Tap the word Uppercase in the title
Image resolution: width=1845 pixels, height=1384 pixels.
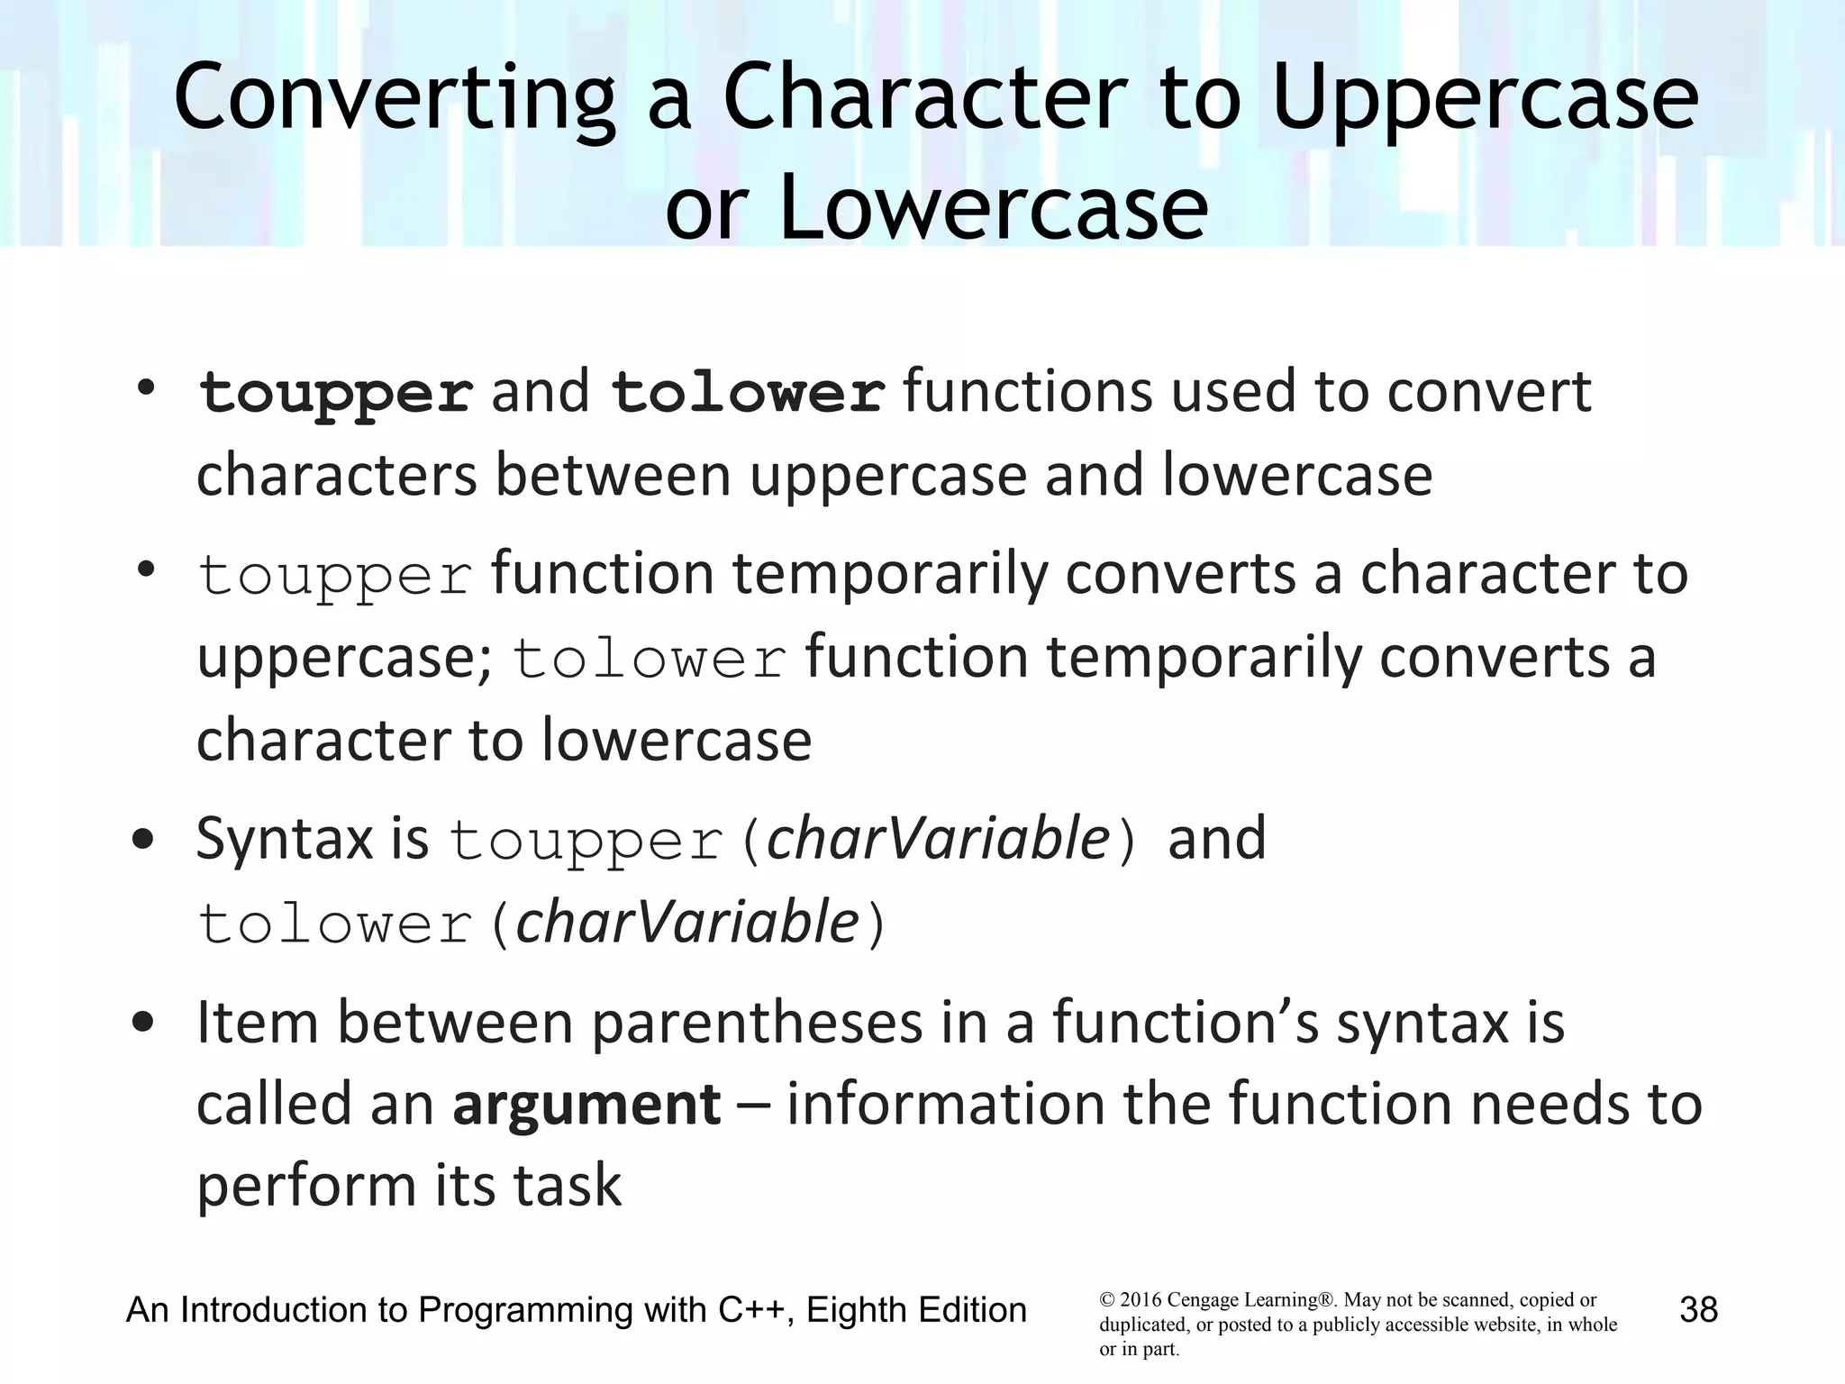pyautogui.click(x=1486, y=99)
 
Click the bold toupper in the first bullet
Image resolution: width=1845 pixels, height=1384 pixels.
pyautogui.click(x=335, y=395)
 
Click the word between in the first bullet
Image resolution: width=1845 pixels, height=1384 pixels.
pyautogui.click(x=613, y=476)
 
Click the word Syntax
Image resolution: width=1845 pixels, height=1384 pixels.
pyautogui.click(x=285, y=838)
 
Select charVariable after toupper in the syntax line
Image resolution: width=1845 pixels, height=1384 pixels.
pyautogui.click(x=937, y=838)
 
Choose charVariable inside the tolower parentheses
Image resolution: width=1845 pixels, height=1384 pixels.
pyautogui.click(x=687, y=923)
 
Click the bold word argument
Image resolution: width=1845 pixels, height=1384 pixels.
pyautogui.click(x=586, y=1104)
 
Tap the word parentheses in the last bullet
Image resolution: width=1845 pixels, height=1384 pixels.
pyautogui.click(x=758, y=1023)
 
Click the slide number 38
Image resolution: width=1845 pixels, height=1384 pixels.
pyautogui.click(x=1699, y=1309)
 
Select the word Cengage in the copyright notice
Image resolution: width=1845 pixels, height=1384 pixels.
pyautogui.click(x=1203, y=1300)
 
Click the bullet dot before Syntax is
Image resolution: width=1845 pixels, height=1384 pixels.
pyautogui.click(x=142, y=841)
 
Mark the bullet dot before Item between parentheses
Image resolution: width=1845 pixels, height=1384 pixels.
pyautogui.click(x=142, y=1024)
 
